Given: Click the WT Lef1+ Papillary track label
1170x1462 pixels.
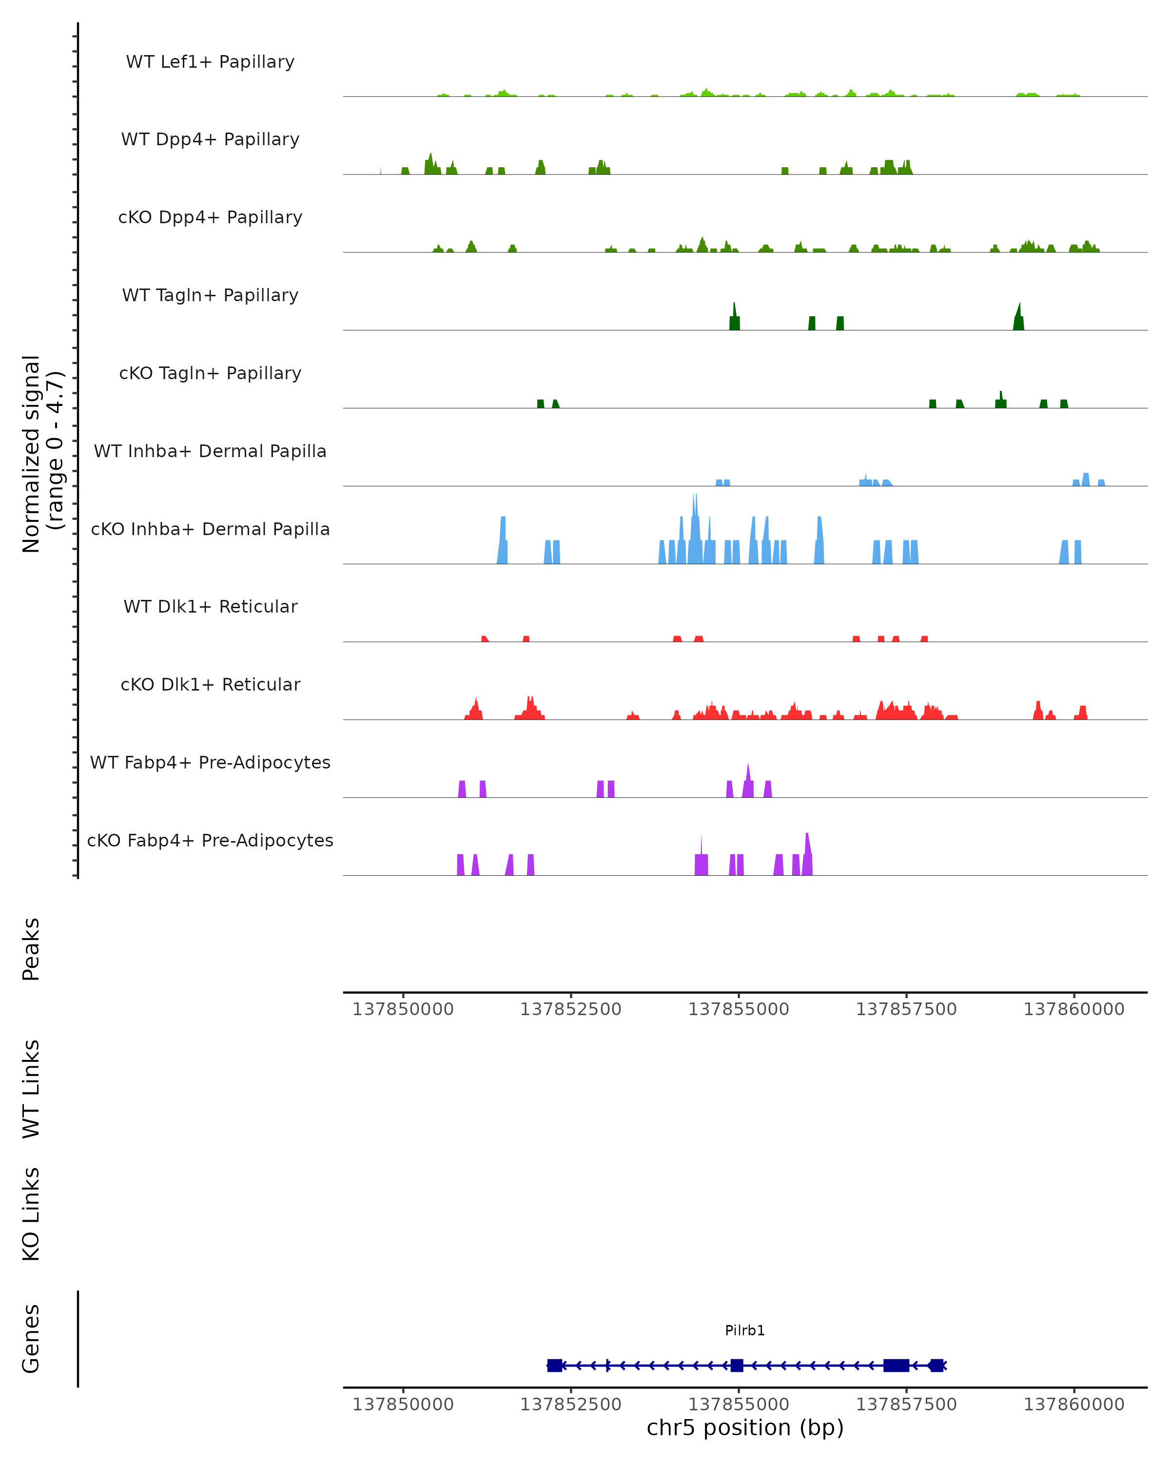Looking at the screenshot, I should [210, 62].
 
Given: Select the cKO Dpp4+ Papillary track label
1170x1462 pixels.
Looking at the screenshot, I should [210, 218].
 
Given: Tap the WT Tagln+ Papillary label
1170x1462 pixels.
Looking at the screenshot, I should [210, 296].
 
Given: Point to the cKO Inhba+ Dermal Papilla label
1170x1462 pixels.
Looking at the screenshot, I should [210, 530].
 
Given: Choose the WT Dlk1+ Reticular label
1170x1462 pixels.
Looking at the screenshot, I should [210, 607].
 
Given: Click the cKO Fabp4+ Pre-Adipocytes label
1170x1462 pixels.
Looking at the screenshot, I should [210, 841].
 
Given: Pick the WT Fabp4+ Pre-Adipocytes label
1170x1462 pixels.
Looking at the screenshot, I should [210, 763].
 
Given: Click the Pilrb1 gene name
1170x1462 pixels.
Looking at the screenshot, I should [745, 1330].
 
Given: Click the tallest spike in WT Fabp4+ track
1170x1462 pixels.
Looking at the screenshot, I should [748, 773].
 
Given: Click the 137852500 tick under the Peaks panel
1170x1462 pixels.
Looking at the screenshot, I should [571, 1009].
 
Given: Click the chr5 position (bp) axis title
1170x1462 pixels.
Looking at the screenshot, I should [745, 1428].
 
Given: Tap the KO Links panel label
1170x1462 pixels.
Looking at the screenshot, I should [31, 1214].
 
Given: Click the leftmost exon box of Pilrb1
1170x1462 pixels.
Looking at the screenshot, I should [555, 1366].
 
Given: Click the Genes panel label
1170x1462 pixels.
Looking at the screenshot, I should [31, 1339].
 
